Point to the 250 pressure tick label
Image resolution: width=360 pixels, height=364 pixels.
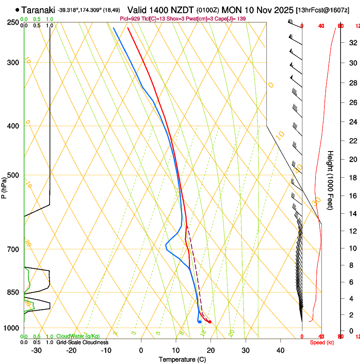tap(13, 22)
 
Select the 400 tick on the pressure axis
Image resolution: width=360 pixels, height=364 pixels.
tap(13, 126)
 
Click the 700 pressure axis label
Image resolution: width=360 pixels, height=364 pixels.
tap(13, 249)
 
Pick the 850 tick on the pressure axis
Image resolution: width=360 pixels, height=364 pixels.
tap(13, 292)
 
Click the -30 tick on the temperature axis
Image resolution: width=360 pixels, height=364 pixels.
tap(36, 350)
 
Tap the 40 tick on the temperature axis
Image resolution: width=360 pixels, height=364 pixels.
tap(280, 350)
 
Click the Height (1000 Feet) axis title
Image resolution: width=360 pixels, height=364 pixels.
tap(330, 180)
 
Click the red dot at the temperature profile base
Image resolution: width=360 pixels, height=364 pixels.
tap(210, 322)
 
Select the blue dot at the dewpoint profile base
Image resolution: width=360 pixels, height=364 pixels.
tap(199, 322)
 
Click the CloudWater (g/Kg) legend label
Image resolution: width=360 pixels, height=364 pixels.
tap(78, 336)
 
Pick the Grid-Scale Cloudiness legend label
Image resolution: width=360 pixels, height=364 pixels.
tap(82, 342)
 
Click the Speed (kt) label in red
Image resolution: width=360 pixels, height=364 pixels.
tap(321, 342)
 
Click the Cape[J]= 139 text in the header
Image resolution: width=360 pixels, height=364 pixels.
tap(230, 19)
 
